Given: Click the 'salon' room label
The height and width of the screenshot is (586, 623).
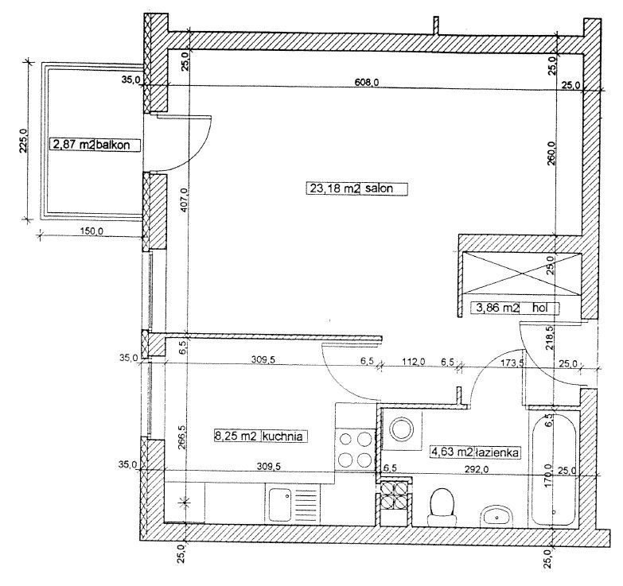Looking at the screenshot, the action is pyautogui.click(x=379, y=188).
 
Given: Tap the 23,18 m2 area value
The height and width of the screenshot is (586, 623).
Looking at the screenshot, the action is pyautogui.click(x=334, y=188).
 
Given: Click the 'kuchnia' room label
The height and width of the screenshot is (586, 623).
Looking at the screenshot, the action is pyautogui.click(x=282, y=437).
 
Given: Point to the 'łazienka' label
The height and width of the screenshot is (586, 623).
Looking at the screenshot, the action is pyautogui.click(x=498, y=452).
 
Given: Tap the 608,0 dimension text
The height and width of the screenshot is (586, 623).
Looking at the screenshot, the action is pyautogui.click(x=367, y=82).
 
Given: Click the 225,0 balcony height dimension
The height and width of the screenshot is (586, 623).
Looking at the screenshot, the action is pyautogui.click(x=22, y=141).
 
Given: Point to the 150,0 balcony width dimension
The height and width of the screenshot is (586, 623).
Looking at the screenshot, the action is pyautogui.click(x=91, y=231).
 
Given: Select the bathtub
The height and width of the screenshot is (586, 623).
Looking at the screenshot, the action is pyautogui.click(x=555, y=468).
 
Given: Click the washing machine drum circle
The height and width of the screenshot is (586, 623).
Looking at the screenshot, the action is pyautogui.click(x=402, y=429).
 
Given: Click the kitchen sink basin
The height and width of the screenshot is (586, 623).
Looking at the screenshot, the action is pyautogui.click(x=280, y=505).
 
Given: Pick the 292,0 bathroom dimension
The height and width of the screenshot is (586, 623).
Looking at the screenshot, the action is pyautogui.click(x=477, y=469).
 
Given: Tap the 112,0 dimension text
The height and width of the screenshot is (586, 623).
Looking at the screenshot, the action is pyautogui.click(x=414, y=361).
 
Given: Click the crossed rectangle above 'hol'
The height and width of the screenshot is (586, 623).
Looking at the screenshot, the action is pyautogui.click(x=520, y=274).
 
